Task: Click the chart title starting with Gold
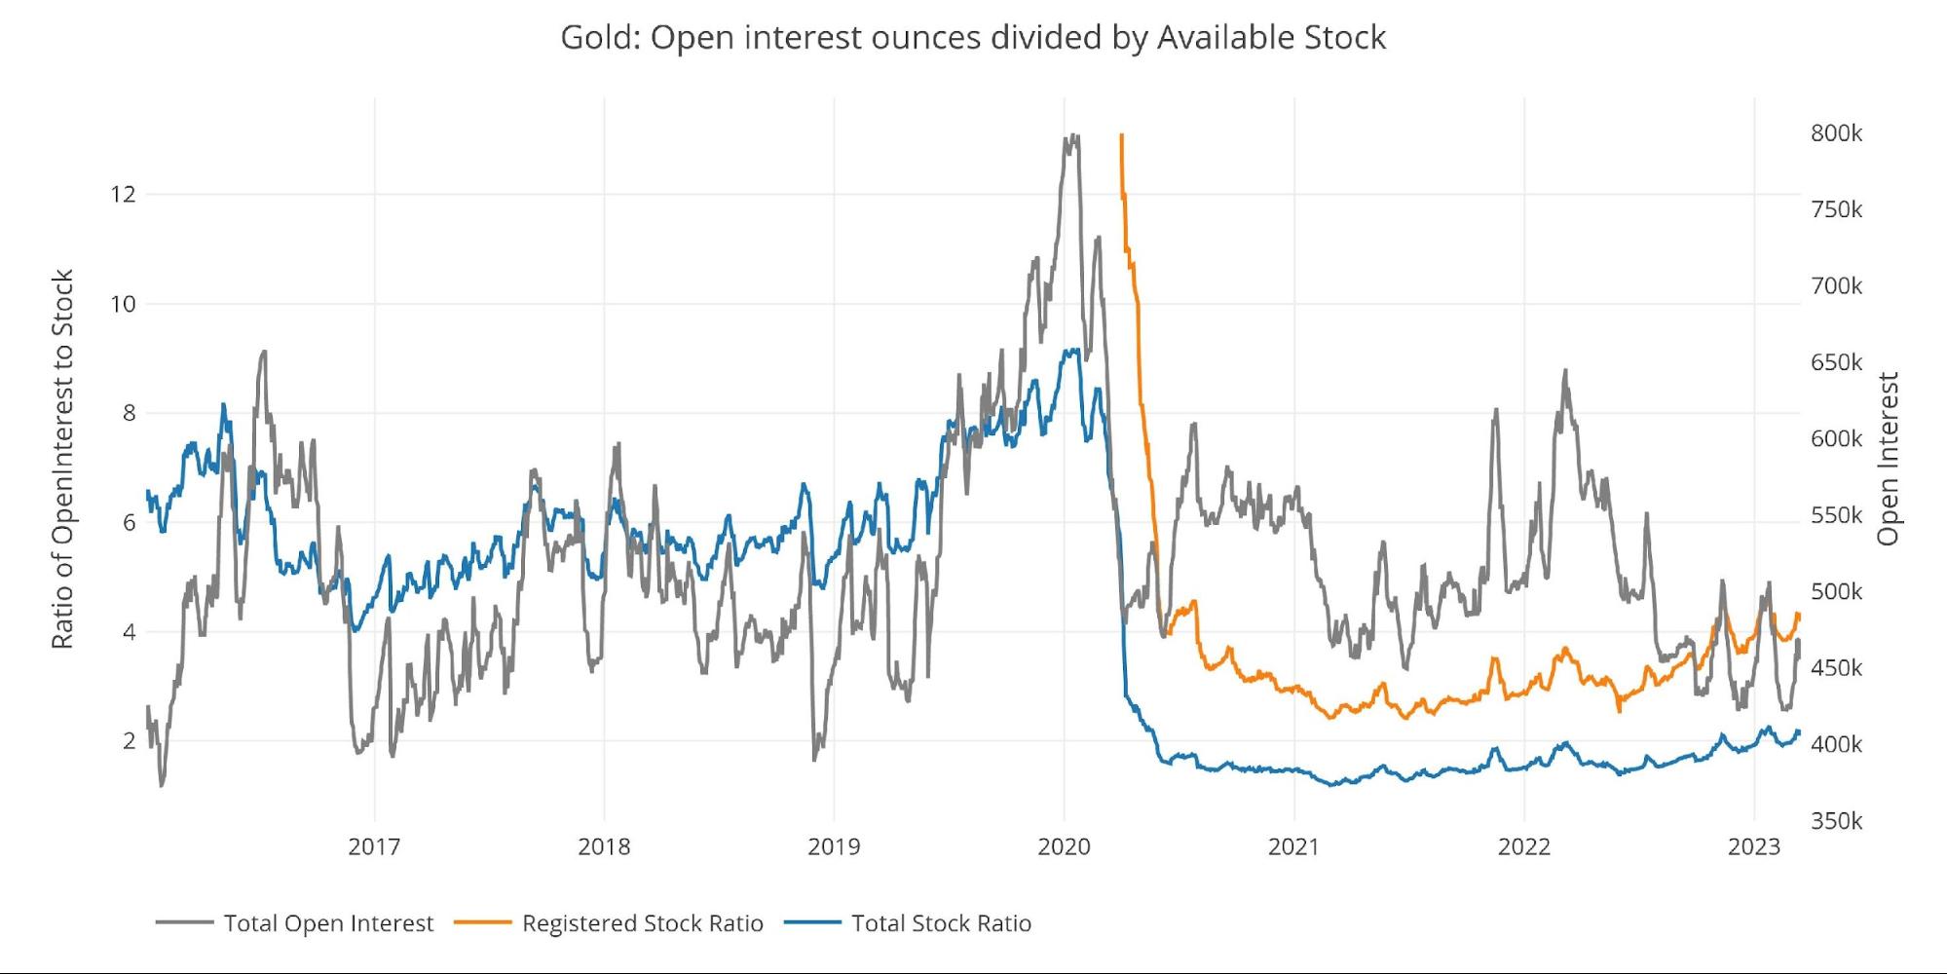[x=973, y=37]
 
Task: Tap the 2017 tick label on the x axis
[x=374, y=846]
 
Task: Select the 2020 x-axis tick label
[x=1064, y=846]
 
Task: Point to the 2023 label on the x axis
[x=1753, y=846]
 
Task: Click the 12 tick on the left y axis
[x=123, y=194]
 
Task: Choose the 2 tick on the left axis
[x=129, y=741]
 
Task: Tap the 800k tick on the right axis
[x=1836, y=133]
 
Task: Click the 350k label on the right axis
[x=1836, y=821]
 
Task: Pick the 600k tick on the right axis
[x=1836, y=439]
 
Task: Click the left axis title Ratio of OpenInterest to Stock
[x=62, y=459]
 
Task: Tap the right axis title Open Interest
[x=1889, y=459]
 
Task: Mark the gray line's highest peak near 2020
[x=1072, y=136]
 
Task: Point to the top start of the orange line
[x=1122, y=135]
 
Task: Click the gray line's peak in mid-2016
[x=263, y=353]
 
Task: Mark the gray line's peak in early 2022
[x=1565, y=371]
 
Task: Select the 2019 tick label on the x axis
[x=834, y=846]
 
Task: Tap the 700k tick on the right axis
[x=1836, y=286]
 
